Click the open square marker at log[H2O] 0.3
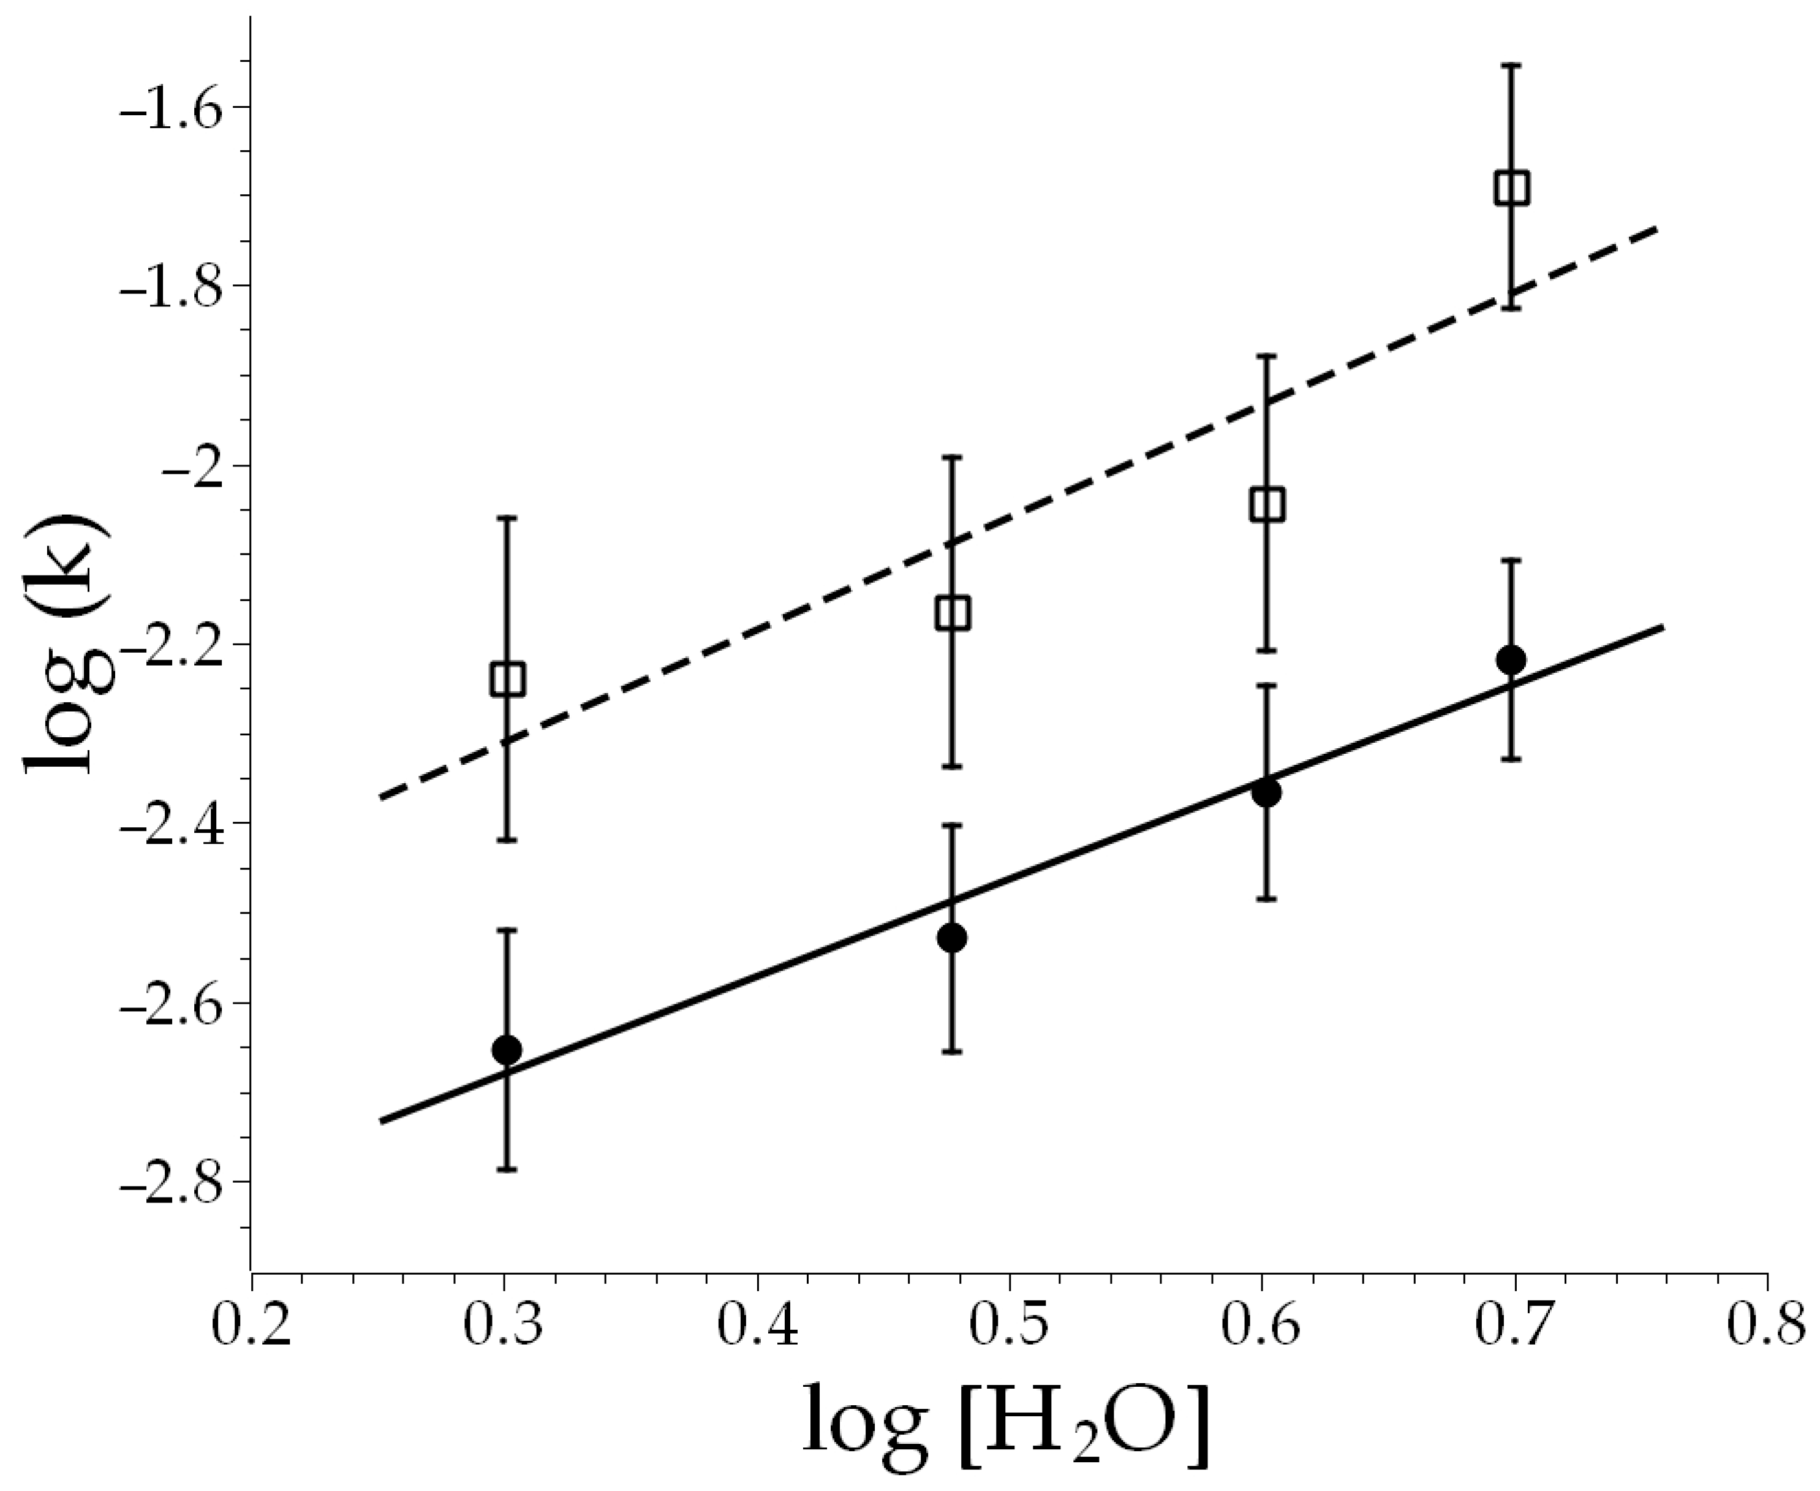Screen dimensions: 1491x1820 coord(507,678)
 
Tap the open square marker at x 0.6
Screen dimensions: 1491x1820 coord(1267,505)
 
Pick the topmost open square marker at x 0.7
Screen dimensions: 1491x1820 coord(1512,188)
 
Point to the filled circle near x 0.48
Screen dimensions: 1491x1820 coord(952,938)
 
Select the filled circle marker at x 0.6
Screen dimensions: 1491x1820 coord(1266,792)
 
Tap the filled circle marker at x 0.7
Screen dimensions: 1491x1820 coord(1511,659)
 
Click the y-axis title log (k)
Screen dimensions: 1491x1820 coord(69,646)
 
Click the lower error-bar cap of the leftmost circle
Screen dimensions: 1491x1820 coord(507,1169)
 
